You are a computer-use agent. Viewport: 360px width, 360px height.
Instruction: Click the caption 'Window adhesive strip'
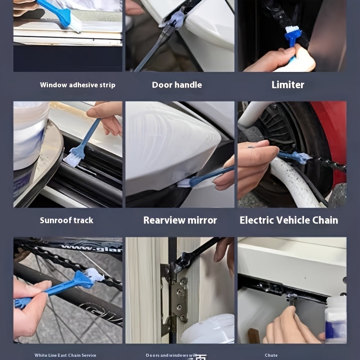point(77,85)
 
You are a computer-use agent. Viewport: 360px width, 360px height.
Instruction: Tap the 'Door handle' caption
point(177,85)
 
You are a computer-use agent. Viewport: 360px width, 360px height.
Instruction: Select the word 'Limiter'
point(288,85)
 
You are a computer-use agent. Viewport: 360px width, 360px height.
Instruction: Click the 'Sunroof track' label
point(67,220)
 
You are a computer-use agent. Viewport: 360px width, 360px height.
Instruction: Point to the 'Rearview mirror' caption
point(180,220)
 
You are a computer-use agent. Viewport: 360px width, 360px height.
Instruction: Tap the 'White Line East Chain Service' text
point(65,355)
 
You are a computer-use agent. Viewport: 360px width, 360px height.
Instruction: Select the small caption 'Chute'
point(271,355)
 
